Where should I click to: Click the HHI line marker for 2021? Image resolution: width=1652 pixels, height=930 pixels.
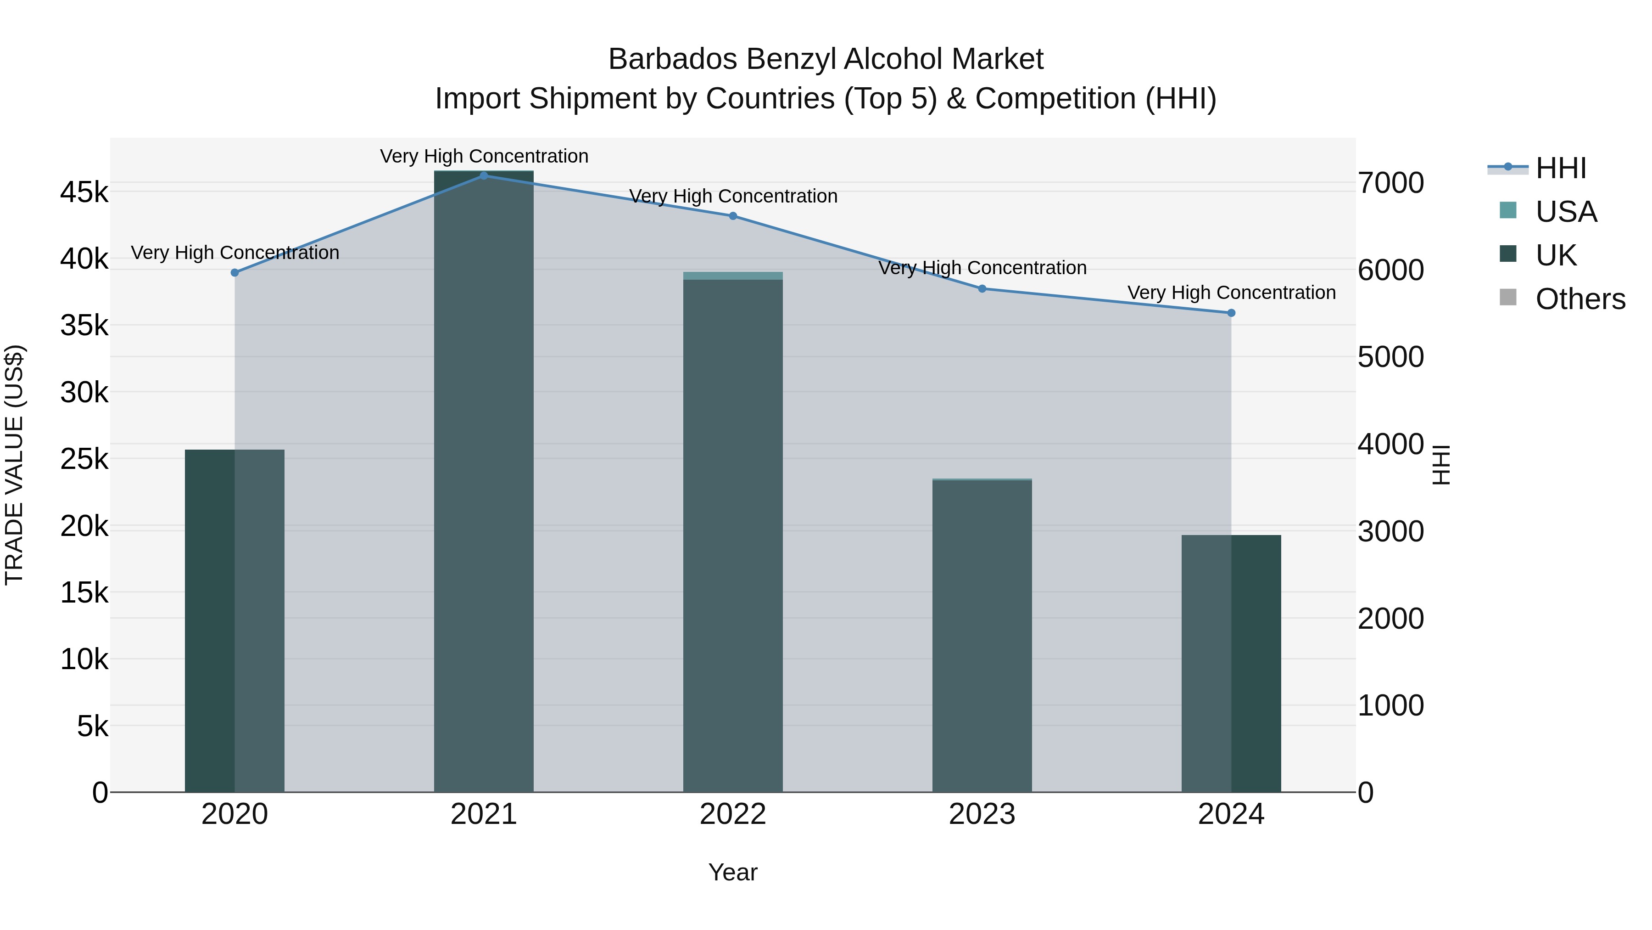484,175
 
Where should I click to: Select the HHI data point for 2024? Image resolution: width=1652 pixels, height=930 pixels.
1231,313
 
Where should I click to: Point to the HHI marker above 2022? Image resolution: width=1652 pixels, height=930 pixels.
733,216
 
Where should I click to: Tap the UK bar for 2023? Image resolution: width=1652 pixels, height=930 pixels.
982,636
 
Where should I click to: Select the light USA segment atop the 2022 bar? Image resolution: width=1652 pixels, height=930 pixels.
733,276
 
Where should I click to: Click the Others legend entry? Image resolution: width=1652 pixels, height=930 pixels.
1579,299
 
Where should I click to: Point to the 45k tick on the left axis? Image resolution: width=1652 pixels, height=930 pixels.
84,192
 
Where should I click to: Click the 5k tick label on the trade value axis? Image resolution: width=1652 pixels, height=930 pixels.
92,727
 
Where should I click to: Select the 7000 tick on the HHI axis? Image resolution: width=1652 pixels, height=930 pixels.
1390,183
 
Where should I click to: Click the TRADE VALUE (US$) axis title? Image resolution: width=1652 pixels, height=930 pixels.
14,465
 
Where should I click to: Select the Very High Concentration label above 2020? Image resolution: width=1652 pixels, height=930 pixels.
234,253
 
